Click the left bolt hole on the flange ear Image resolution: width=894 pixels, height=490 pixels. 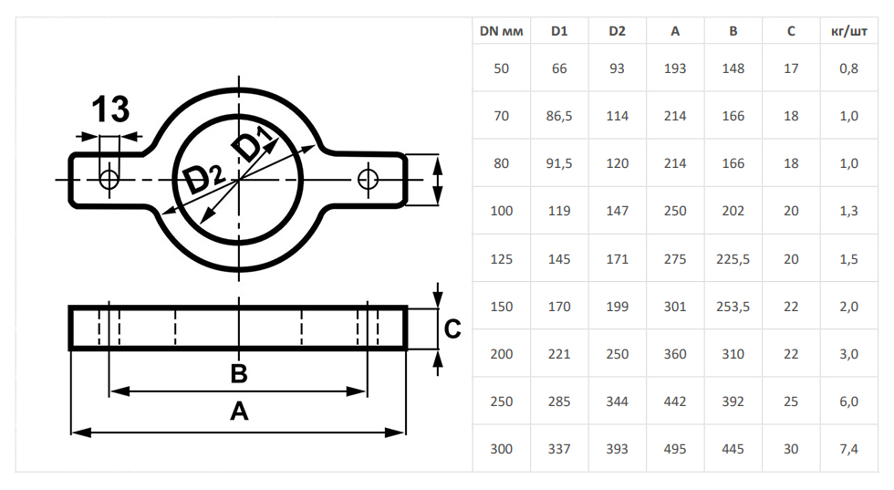[109, 179]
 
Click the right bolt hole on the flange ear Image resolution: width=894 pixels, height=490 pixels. [369, 179]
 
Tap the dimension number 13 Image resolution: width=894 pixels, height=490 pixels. [110, 109]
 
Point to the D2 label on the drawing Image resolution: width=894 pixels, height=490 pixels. [202, 177]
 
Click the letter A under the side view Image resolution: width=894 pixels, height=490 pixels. [239, 412]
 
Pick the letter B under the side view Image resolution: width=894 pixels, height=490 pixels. [239, 373]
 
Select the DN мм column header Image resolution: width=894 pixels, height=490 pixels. [501, 31]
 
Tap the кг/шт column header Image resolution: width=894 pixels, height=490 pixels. [849, 31]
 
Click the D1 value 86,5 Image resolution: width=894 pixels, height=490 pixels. [559, 116]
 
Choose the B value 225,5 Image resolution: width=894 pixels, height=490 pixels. [733, 259]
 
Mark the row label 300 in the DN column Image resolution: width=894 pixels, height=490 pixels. [502, 449]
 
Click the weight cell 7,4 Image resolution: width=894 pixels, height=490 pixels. [848, 449]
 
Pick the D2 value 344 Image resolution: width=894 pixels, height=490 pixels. [617, 401]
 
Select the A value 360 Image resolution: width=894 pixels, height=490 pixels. [675, 354]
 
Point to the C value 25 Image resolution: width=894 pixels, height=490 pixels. [791, 401]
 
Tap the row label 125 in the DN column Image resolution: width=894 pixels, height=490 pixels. [502, 259]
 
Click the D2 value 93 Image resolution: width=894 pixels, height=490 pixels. [617, 68]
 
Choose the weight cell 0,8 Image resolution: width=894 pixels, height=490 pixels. [848, 68]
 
